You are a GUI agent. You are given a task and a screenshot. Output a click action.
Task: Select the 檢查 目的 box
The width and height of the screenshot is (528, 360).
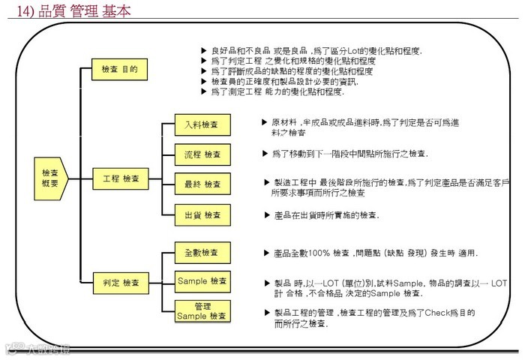click(x=119, y=70)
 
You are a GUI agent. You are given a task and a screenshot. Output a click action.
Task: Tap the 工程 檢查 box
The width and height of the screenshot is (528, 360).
click(x=121, y=178)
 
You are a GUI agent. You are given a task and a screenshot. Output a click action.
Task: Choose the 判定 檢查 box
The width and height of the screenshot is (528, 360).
click(x=121, y=283)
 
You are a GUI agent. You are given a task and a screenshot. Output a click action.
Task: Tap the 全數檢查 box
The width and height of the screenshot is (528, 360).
click(x=201, y=253)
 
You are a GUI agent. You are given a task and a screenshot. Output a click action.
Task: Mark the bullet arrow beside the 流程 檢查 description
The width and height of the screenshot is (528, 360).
click(x=265, y=153)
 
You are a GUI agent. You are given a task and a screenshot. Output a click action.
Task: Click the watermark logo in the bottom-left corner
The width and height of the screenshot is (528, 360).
click(x=37, y=349)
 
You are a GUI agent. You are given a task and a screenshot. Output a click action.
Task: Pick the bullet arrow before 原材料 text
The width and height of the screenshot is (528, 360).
click(x=264, y=121)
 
